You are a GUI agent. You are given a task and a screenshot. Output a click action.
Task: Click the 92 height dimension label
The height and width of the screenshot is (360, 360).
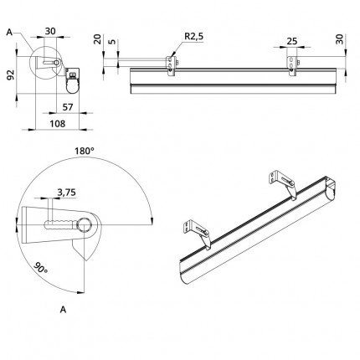click(x=10, y=75)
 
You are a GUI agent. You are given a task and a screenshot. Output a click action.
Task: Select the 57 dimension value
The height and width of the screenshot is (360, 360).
click(x=67, y=107)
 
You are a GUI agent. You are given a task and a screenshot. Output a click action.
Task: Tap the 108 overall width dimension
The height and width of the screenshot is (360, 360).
click(x=58, y=123)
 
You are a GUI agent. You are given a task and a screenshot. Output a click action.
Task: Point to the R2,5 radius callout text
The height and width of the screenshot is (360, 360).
click(x=194, y=36)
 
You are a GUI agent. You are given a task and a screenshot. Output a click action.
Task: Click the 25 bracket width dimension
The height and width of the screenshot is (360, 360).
click(x=291, y=41)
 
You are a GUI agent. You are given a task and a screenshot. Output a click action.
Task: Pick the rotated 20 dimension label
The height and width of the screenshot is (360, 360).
click(x=97, y=39)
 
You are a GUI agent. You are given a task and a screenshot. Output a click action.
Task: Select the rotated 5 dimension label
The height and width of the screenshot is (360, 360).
click(x=111, y=42)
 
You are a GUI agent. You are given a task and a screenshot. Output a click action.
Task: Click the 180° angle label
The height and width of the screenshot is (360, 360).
click(x=84, y=151)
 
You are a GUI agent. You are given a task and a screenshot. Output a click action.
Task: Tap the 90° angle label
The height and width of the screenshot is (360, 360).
click(x=41, y=268)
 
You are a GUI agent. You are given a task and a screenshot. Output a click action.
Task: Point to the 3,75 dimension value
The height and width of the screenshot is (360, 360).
click(x=66, y=193)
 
